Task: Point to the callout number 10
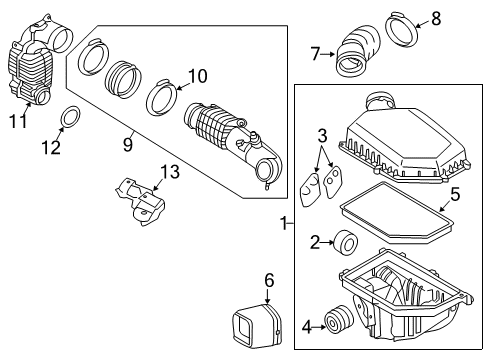click(x=196, y=75)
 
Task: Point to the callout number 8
click(x=435, y=17)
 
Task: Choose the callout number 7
click(x=315, y=53)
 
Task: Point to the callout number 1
click(x=283, y=225)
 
